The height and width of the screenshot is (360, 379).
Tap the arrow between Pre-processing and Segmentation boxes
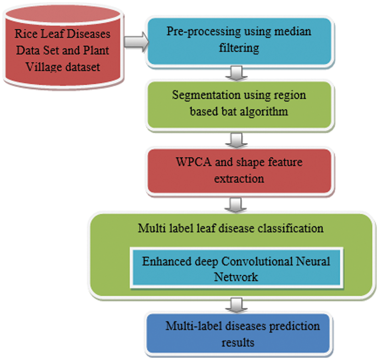pyautogui.click(x=239, y=73)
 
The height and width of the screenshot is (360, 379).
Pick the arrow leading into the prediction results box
pyautogui.click(x=239, y=305)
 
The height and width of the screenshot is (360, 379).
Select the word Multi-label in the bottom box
pyautogui.click(x=191, y=326)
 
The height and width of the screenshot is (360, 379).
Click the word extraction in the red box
pyautogui.click(x=239, y=179)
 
